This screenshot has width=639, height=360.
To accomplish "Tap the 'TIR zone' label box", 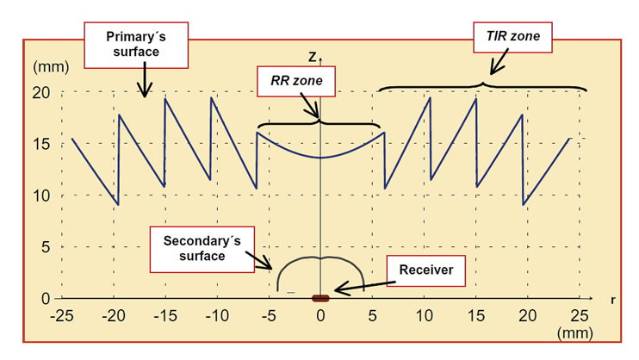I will tap(514, 36).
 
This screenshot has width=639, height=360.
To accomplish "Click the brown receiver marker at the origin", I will tap(320, 298).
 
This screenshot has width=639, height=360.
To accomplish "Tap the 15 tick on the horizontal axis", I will tap(475, 314).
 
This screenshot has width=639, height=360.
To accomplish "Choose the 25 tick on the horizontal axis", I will tap(580, 314).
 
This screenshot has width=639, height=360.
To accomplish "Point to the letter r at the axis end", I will tap(611, 301).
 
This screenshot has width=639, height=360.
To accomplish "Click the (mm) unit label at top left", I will tap(47, 66).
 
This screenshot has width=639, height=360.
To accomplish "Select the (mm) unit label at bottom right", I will tap(576, 332).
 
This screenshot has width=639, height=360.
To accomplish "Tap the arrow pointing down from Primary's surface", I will tap(145, 84).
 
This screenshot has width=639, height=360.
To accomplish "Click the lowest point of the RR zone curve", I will tap(320, 158).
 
